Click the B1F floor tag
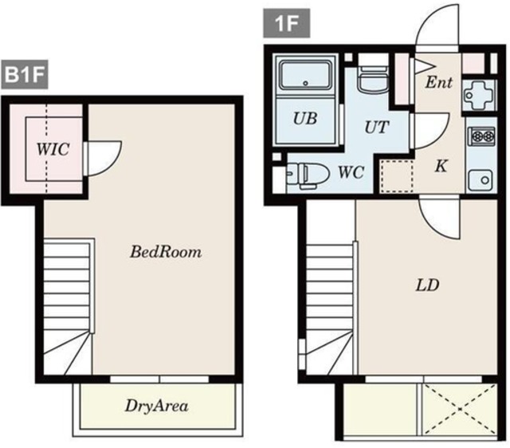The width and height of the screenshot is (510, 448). click(25, 74)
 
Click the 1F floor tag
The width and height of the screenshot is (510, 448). click(287, 23)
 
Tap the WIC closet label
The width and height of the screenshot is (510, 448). click(53, 149)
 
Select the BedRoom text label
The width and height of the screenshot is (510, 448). click(166, 252)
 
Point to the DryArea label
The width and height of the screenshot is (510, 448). click(156, 406)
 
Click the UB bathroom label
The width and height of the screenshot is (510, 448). click(305, 119)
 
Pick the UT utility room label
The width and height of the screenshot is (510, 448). click(377, 128)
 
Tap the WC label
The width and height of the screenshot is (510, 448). click(351, 172)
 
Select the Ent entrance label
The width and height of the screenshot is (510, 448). click(439, 82)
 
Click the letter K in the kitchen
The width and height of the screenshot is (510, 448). click(441, 166)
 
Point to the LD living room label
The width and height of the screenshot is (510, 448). click(427, 285)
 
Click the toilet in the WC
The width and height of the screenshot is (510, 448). click(308, 175)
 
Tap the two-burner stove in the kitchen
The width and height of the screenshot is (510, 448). click(481, 136)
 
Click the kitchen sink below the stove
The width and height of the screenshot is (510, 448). click(481, 180)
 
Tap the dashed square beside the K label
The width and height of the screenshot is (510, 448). click(397, 175)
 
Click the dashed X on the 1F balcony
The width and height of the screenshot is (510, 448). click(460, 408)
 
